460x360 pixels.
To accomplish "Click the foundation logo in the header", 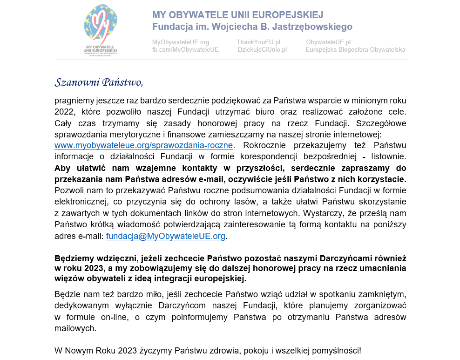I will coord(101,29).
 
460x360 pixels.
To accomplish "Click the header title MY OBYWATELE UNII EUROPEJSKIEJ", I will coord(237,15).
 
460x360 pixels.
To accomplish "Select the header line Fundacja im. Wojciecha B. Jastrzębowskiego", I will coord(252,27).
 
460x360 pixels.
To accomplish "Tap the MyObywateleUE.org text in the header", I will coord(180,42).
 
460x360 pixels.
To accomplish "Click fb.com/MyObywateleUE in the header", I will coord(185,50).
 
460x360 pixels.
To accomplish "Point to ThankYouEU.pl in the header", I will coord(258,42).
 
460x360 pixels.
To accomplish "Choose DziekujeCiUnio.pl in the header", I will coord(262,50).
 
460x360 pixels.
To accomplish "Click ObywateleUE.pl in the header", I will coord(328,42).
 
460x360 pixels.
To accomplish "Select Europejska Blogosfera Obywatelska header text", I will coord(355,50).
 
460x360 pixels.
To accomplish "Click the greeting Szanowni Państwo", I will coord(99,83).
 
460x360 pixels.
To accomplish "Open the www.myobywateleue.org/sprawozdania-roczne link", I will coord(143,145).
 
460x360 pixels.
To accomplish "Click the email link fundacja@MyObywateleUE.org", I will coord(166,236).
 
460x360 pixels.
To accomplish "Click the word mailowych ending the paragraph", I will coord(75,328).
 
